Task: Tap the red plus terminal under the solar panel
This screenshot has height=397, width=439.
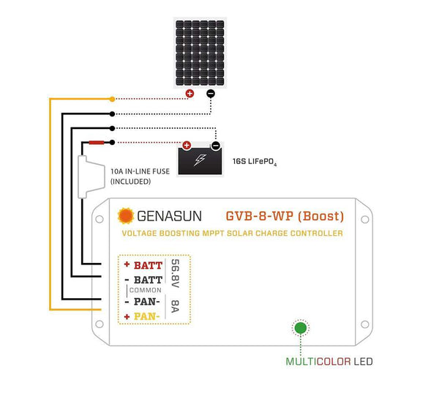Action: point(189,94)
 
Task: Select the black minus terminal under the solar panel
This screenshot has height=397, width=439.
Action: point(211,94)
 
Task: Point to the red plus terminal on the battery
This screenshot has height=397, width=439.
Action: point(187,146)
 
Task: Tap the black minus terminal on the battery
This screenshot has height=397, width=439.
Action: point(215,146)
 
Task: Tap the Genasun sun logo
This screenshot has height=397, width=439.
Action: point(126,216)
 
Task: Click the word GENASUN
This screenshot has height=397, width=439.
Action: point(170,216)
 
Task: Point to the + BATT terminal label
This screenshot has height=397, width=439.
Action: point(143,265)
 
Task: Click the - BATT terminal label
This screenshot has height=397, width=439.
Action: point(143,280)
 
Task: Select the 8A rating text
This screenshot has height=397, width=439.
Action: point(175,308)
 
